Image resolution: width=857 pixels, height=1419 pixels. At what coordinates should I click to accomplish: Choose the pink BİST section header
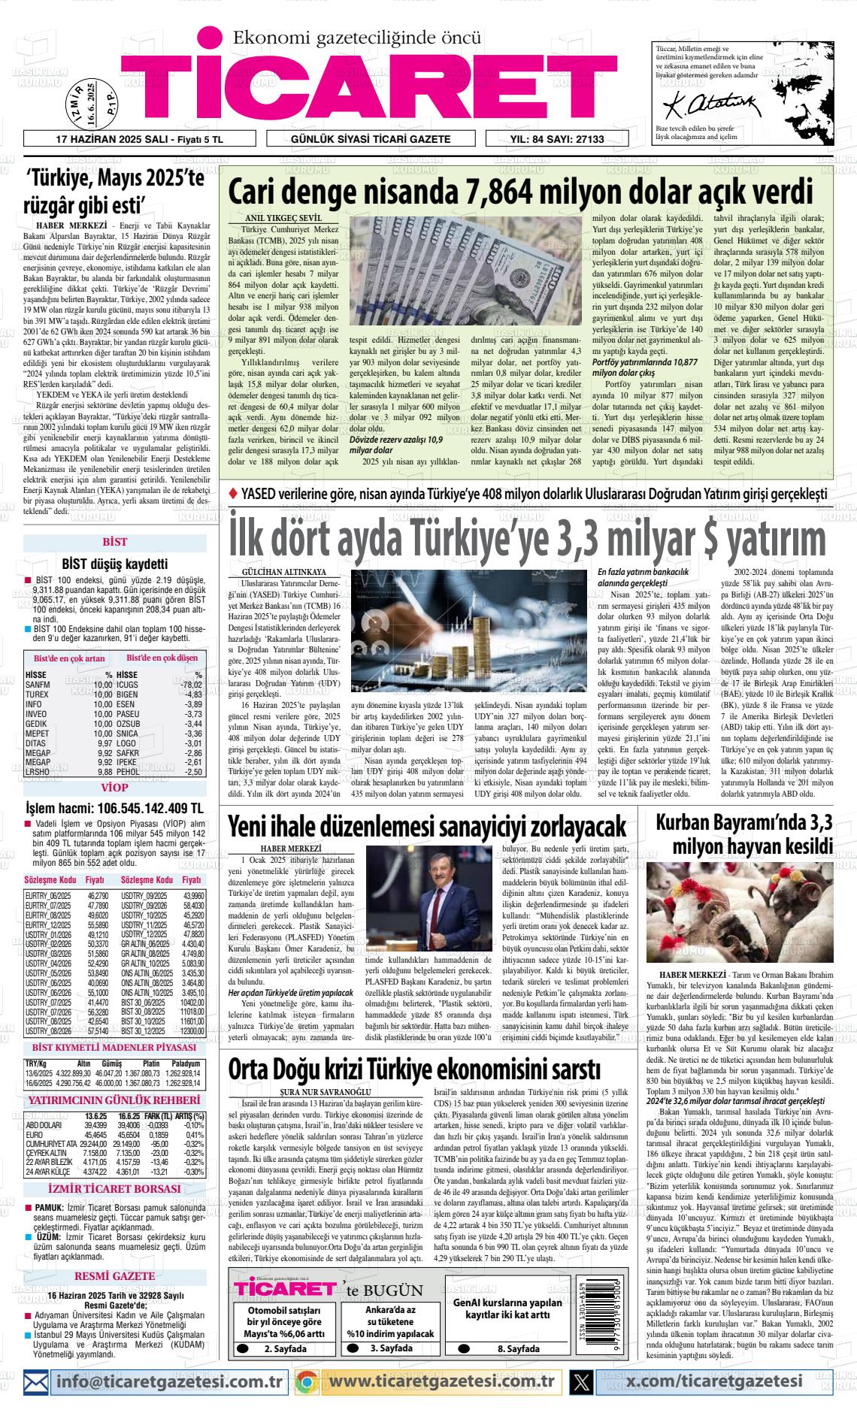[x=115, y=541]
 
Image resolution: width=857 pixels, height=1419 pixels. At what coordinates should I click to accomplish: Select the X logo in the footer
[x=580, y=1381]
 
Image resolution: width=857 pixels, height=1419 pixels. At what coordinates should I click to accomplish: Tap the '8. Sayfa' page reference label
[x=518, y=1348]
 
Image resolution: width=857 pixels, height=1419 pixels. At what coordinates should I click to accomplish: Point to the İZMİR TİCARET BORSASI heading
[x=114, y=1189]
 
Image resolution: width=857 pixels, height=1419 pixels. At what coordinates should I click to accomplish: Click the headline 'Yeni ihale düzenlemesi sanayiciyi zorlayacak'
[x=427, y=826]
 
